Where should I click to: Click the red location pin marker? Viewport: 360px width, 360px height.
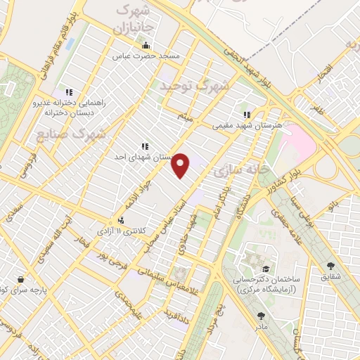click(181, 165)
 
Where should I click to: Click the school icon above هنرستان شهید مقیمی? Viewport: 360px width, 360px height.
click(246, 115)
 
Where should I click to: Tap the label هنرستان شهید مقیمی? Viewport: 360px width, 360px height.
click(247, 125)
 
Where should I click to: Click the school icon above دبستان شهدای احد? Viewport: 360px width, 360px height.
click(145, 147)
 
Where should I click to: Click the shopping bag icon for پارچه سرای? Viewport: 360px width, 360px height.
click(20, 278)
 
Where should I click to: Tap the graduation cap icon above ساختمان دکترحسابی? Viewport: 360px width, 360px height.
click(266, 269)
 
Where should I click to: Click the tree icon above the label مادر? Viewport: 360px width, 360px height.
click(262, 316)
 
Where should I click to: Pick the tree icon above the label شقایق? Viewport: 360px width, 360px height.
click(330, 266)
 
